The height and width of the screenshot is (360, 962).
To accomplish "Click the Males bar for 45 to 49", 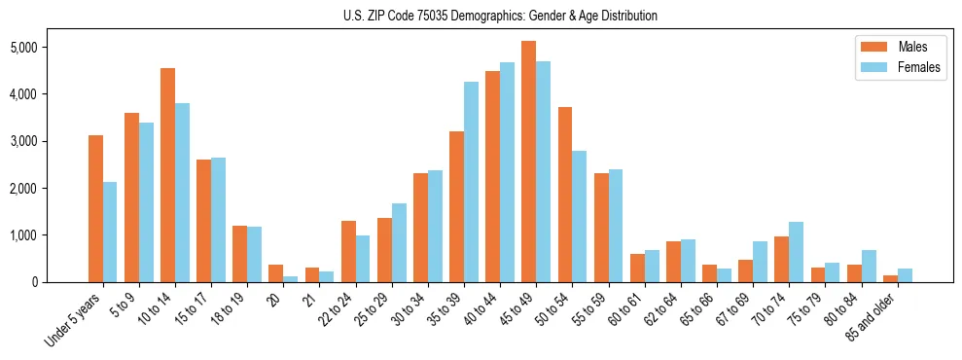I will coord(528,162).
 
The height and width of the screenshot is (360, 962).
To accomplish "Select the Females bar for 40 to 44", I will coord(507,172).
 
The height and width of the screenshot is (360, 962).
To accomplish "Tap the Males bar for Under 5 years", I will coord(95,208).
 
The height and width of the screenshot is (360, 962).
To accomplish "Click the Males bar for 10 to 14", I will coord(167,175).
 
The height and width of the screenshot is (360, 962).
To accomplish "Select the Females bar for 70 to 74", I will coord(796,252).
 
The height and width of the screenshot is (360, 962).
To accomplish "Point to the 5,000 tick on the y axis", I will coord(51,47).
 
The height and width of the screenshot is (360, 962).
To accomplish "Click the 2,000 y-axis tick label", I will coord(51,188).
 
